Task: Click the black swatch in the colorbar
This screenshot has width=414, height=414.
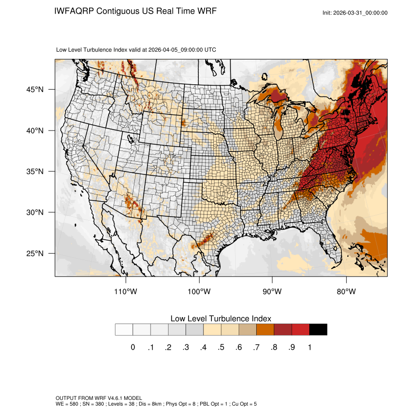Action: (318, 330)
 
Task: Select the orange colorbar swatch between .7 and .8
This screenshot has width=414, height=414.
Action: (265, 330)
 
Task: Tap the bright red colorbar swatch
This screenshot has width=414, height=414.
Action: (301, 330)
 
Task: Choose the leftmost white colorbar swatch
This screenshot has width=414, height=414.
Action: (124, 330)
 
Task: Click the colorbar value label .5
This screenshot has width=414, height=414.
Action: (221, 347)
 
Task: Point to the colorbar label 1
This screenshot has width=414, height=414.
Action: (309, 347)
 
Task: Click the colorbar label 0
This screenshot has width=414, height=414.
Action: (133, 347)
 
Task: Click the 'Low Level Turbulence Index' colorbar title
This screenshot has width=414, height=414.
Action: (221, 319)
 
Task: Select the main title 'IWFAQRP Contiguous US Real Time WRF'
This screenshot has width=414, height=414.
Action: (135, 11)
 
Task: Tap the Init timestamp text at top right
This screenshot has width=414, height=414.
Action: (355, 13)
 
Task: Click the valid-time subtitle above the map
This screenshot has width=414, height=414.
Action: (136, 50)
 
